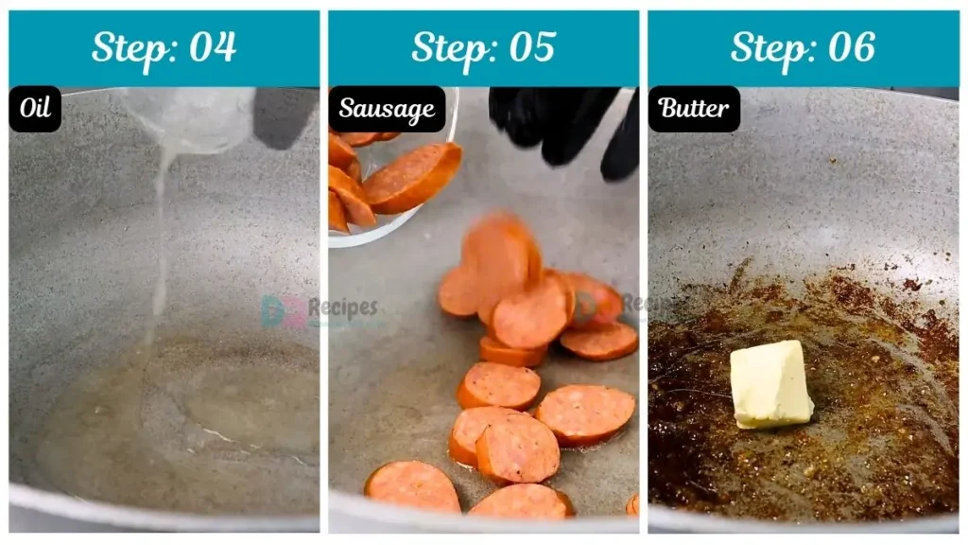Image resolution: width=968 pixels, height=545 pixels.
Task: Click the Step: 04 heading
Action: [x=164, y=47]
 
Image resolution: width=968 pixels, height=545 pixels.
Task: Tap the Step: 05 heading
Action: [x=483, y=47]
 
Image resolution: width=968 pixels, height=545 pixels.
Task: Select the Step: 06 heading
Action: [x=803, y=47]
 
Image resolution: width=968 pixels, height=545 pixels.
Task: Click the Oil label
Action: [x=35, y=109]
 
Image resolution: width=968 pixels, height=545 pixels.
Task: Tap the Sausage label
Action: [x=387, y=109]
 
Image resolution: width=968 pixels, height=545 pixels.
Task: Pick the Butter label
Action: [x=694, y=109]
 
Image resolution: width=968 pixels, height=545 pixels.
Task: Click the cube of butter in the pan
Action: [x=770, y=383]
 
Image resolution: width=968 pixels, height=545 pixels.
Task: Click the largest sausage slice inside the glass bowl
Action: [x=412, y=177]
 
